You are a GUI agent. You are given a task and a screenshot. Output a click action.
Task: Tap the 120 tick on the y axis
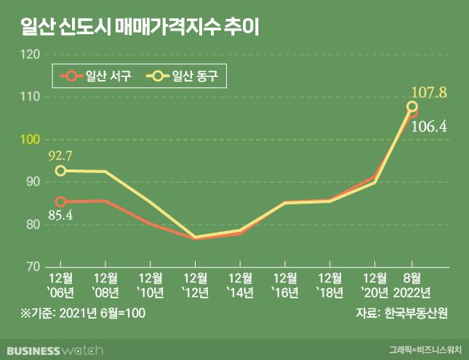[31, 54]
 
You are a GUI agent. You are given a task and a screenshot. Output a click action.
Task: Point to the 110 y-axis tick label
[31, 97]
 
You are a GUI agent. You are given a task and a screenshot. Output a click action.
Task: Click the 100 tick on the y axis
[31, 139]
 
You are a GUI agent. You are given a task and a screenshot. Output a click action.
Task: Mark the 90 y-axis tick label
[33, 182]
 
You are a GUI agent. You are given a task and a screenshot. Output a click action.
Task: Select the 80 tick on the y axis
[33, 225]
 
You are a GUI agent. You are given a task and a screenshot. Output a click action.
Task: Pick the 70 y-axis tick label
[33, 267]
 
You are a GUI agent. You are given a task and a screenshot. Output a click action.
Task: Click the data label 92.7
[62, 155]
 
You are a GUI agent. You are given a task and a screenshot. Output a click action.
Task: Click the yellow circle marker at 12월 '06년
[61, 171]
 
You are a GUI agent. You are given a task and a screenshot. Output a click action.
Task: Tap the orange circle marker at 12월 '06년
[61, 201]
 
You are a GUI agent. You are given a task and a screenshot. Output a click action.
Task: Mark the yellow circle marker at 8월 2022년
[412, 107]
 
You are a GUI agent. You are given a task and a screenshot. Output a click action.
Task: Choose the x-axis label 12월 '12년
[193, 285]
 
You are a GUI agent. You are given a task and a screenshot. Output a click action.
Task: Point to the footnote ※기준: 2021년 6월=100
[74, 313]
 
